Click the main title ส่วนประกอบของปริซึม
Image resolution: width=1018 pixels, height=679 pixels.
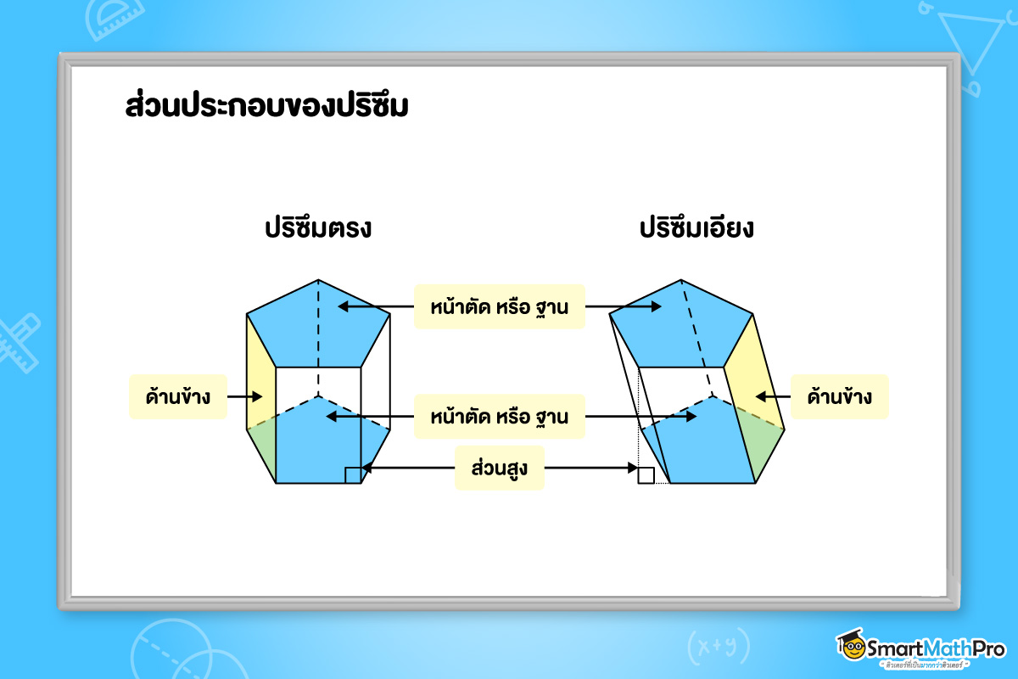266,105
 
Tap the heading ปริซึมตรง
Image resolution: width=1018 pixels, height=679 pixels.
318,227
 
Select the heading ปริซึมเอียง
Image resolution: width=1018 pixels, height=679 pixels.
696,227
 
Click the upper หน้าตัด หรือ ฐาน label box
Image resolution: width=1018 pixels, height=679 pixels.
500,306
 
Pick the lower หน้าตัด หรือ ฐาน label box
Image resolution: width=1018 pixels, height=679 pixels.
500,416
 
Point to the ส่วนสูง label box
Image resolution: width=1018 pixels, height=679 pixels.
500,468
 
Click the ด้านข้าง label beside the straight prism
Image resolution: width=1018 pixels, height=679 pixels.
178,396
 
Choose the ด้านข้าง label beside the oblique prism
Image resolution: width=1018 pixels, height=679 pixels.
839,396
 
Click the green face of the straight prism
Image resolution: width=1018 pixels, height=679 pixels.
262,448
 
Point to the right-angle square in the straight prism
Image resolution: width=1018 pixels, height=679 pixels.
353,475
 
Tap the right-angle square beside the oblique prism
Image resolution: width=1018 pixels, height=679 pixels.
646,475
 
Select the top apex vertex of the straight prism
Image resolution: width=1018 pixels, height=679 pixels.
318,280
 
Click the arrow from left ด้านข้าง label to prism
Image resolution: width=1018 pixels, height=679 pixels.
244,396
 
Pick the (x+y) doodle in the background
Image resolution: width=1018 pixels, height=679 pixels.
718,646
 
